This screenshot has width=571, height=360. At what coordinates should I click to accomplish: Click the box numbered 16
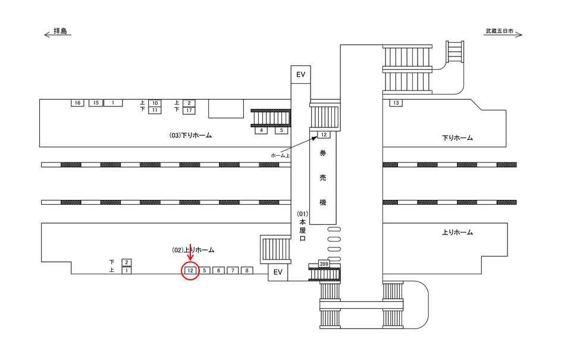click(x=76, y=103)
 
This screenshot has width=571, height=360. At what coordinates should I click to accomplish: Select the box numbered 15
click(x=95, y=103)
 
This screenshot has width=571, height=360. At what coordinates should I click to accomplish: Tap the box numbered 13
click(x=396, y=104)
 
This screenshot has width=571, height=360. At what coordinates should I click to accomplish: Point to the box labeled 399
click(x=324, y=264)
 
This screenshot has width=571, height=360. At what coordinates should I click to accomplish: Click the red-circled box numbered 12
click(x=190, y=271)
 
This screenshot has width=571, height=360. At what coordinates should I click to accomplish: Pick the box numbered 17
click(x=189, y=110)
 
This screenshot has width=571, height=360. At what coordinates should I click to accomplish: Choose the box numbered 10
click(x=155, y=103)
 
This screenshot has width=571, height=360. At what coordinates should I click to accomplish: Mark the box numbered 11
click(x=155, y=110)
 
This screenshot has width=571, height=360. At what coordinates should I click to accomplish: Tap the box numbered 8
click(x=247, y=271)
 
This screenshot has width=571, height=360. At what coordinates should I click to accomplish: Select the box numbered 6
click(x=218, y=271)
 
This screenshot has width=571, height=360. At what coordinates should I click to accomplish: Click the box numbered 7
click(x=233, y=271)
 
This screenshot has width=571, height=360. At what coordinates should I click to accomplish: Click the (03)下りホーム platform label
click(x=191, y=136)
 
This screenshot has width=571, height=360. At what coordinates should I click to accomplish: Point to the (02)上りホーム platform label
click(x=193, y=250)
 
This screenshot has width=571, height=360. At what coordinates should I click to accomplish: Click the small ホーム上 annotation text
click(x=280, y=155)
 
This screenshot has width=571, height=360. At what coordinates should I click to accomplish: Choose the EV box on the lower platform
click(x=277, y=272)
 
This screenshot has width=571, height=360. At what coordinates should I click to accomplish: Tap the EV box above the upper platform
click(x=300, y=74)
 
